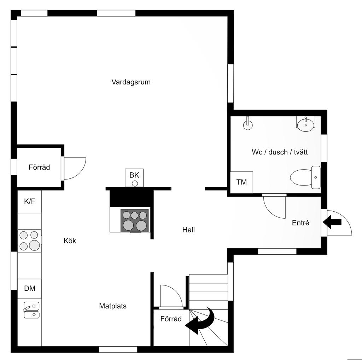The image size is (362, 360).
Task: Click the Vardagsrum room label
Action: pyautogui.click(x=131, y=82)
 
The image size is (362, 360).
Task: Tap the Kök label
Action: pyautogui.click(x=70, y=241)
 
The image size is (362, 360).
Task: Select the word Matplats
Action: pyautogui.click(x=113, y=306)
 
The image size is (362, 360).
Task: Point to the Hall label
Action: pyautogui.click(x=189, y=230)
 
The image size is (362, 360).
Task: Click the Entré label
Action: pyautogui.click(x=300, y=223)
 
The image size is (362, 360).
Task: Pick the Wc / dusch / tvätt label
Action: pyautogui.click(x=280, y=152)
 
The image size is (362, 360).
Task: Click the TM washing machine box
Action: pyautogui.click(x=242, y=182)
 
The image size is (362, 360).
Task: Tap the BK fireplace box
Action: pyautogui.click(x=134, y=178)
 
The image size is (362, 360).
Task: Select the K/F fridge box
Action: pyautogui.click(x=30, y=201)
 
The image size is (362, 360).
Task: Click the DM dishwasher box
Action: pyautogui.click(x=30, y=289)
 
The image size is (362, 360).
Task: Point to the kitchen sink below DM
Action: pyautogui.click(x=31, y=310)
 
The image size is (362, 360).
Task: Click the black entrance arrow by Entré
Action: pyautogui.click(x=332, y=222)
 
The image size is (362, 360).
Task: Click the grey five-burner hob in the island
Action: pyautogui.click(x=135, y=220)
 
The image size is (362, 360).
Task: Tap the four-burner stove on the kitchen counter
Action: pyautogui.click(x=30, y=241)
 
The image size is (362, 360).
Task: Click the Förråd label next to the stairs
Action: pyautogui.click(x=171, y=319)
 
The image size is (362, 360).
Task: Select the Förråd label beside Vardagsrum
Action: pyautogui.click(x=39, y=167)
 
